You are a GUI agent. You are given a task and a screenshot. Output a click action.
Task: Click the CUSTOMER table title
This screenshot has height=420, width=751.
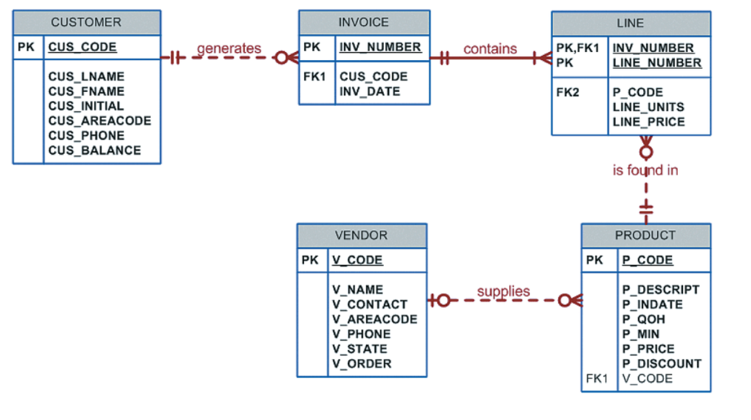click(x=86, y=22)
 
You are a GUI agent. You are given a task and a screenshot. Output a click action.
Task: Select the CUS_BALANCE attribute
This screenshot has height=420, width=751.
click(x=94, y=150)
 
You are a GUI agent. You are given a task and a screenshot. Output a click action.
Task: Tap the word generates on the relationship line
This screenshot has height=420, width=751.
click(x=229, y=48)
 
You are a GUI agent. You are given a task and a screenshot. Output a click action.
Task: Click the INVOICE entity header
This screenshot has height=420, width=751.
click(x=364, y=22)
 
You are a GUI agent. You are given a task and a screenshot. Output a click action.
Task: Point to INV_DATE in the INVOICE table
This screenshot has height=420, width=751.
click(x=370, y=91)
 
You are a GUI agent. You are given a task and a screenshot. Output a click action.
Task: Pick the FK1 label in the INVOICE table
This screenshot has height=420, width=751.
click(x=314, y=77)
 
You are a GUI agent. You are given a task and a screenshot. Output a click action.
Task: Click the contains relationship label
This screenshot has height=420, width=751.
click(x=490, y=48)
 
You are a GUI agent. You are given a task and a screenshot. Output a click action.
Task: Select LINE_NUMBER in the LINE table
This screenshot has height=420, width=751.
click(x=657, y=63)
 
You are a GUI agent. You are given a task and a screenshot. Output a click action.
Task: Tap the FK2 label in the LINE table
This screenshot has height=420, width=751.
click(x=567, y=92)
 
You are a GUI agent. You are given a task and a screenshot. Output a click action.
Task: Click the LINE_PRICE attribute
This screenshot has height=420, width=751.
click(x=648, y=122)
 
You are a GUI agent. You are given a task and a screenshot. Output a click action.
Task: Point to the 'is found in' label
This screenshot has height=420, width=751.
click(x=645, y=170)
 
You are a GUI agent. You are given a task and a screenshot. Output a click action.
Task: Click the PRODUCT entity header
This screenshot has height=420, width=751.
click(x=645, y=235)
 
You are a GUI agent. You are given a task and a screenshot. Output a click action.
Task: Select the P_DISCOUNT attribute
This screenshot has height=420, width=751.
click(x=662, y=363)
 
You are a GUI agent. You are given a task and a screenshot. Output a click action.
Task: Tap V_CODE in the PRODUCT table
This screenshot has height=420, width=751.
click(x=647, y=378)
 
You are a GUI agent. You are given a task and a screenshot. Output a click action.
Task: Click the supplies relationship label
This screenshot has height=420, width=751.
click(x=503, y=291)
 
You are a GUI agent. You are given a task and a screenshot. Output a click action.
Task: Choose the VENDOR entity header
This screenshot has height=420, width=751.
click(x=361, y=235)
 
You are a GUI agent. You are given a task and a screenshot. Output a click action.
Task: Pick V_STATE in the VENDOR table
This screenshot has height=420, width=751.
click(x=359, y=348)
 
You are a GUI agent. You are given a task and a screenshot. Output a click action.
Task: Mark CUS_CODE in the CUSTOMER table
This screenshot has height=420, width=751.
click(x=82, y=47)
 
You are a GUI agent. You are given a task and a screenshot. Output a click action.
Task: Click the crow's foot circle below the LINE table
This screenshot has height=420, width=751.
click(x=646, y=152)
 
